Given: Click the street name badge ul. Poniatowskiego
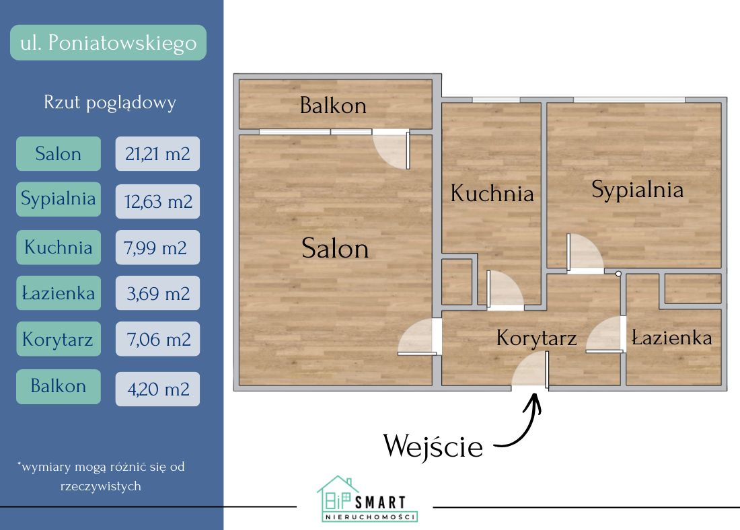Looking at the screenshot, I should click(108, 43).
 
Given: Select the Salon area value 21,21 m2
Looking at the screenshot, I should click(157, 153).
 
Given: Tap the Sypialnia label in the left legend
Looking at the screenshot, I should click(59, 199).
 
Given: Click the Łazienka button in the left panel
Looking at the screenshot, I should click(59, 293).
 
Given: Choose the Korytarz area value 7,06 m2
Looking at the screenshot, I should click(157, 340).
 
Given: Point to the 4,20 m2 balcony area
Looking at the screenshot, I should click(157, 388).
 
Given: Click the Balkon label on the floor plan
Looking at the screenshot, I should click(333, 106).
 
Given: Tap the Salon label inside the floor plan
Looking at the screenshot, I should click(335, 248).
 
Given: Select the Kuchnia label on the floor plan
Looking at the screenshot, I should click(492, 194).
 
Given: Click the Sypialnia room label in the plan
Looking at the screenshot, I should click(637, 190).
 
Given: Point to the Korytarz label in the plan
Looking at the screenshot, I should click(536, 338).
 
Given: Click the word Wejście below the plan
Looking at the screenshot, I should click(433, 446).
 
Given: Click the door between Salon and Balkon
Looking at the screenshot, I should click(393, 149).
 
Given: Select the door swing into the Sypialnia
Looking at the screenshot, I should click(583, 254).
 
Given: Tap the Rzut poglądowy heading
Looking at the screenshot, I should click(110, 102).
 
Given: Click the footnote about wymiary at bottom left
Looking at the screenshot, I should click(101, 476).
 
